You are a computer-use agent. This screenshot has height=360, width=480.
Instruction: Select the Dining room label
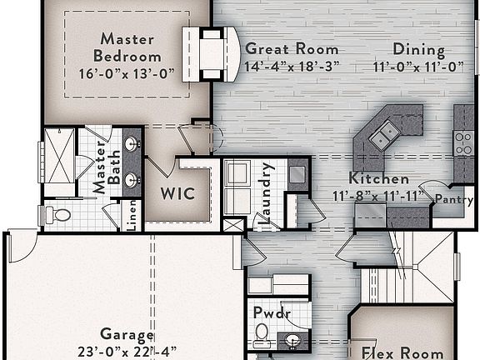(418, 49)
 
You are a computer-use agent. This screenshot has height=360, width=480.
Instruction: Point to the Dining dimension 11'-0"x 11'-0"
(418, 66)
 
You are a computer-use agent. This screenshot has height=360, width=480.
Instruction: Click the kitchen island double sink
(384, 134)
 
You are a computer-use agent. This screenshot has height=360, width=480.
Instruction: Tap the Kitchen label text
(378, 178)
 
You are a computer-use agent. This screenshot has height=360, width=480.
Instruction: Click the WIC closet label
(177, 194)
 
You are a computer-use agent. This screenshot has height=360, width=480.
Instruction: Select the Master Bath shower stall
(58, 161)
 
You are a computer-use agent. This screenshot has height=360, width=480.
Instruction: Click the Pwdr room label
(270, 313)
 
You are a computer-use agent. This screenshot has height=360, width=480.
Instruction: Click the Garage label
(127, 335)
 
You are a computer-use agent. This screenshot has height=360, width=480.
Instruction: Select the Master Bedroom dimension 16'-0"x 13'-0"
(127, 72)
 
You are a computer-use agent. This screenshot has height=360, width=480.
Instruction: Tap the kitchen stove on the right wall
(463, 142)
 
